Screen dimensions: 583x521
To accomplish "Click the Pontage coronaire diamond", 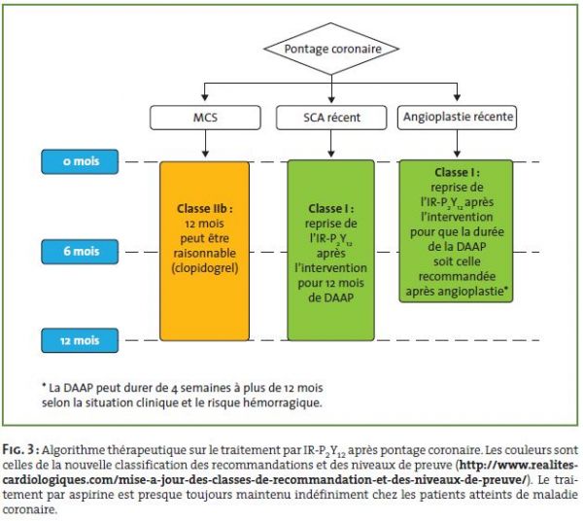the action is click(331, 49).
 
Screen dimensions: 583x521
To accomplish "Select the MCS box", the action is click(205, 118).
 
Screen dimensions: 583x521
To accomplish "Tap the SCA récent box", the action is click(331, 118).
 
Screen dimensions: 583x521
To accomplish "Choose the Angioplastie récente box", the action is click(457, 118).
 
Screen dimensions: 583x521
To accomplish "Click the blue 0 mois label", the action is click(80, 161).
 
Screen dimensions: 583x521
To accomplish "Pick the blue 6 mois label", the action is click(80, 252).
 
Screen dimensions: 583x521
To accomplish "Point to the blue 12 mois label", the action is click(80, 340).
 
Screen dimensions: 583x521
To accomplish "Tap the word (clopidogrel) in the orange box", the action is click(205, 268).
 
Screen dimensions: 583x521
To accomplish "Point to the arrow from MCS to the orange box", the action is click(205, 144).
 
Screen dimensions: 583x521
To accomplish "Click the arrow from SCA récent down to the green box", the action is click(331, 144).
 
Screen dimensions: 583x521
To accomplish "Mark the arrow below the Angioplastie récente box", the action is click(457, 144).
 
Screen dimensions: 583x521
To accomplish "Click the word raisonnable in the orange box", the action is click(204, 254).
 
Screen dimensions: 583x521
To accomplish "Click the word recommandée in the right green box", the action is click(457, 276).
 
